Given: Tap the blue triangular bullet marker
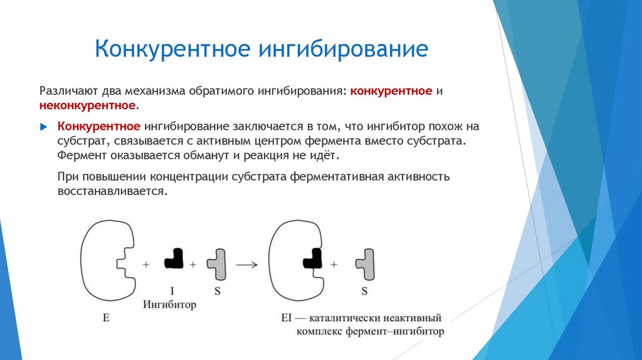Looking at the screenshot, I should pos(43,127).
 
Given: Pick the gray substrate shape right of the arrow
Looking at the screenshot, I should pos(365,263).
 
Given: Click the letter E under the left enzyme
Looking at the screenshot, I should pos(106,319).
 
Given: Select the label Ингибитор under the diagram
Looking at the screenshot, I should pos(170,305).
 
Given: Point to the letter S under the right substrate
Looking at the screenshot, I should pos(364,291).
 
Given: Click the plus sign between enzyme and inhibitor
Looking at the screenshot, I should pos(145,265).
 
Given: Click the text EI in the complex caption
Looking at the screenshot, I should pos(288,319).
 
